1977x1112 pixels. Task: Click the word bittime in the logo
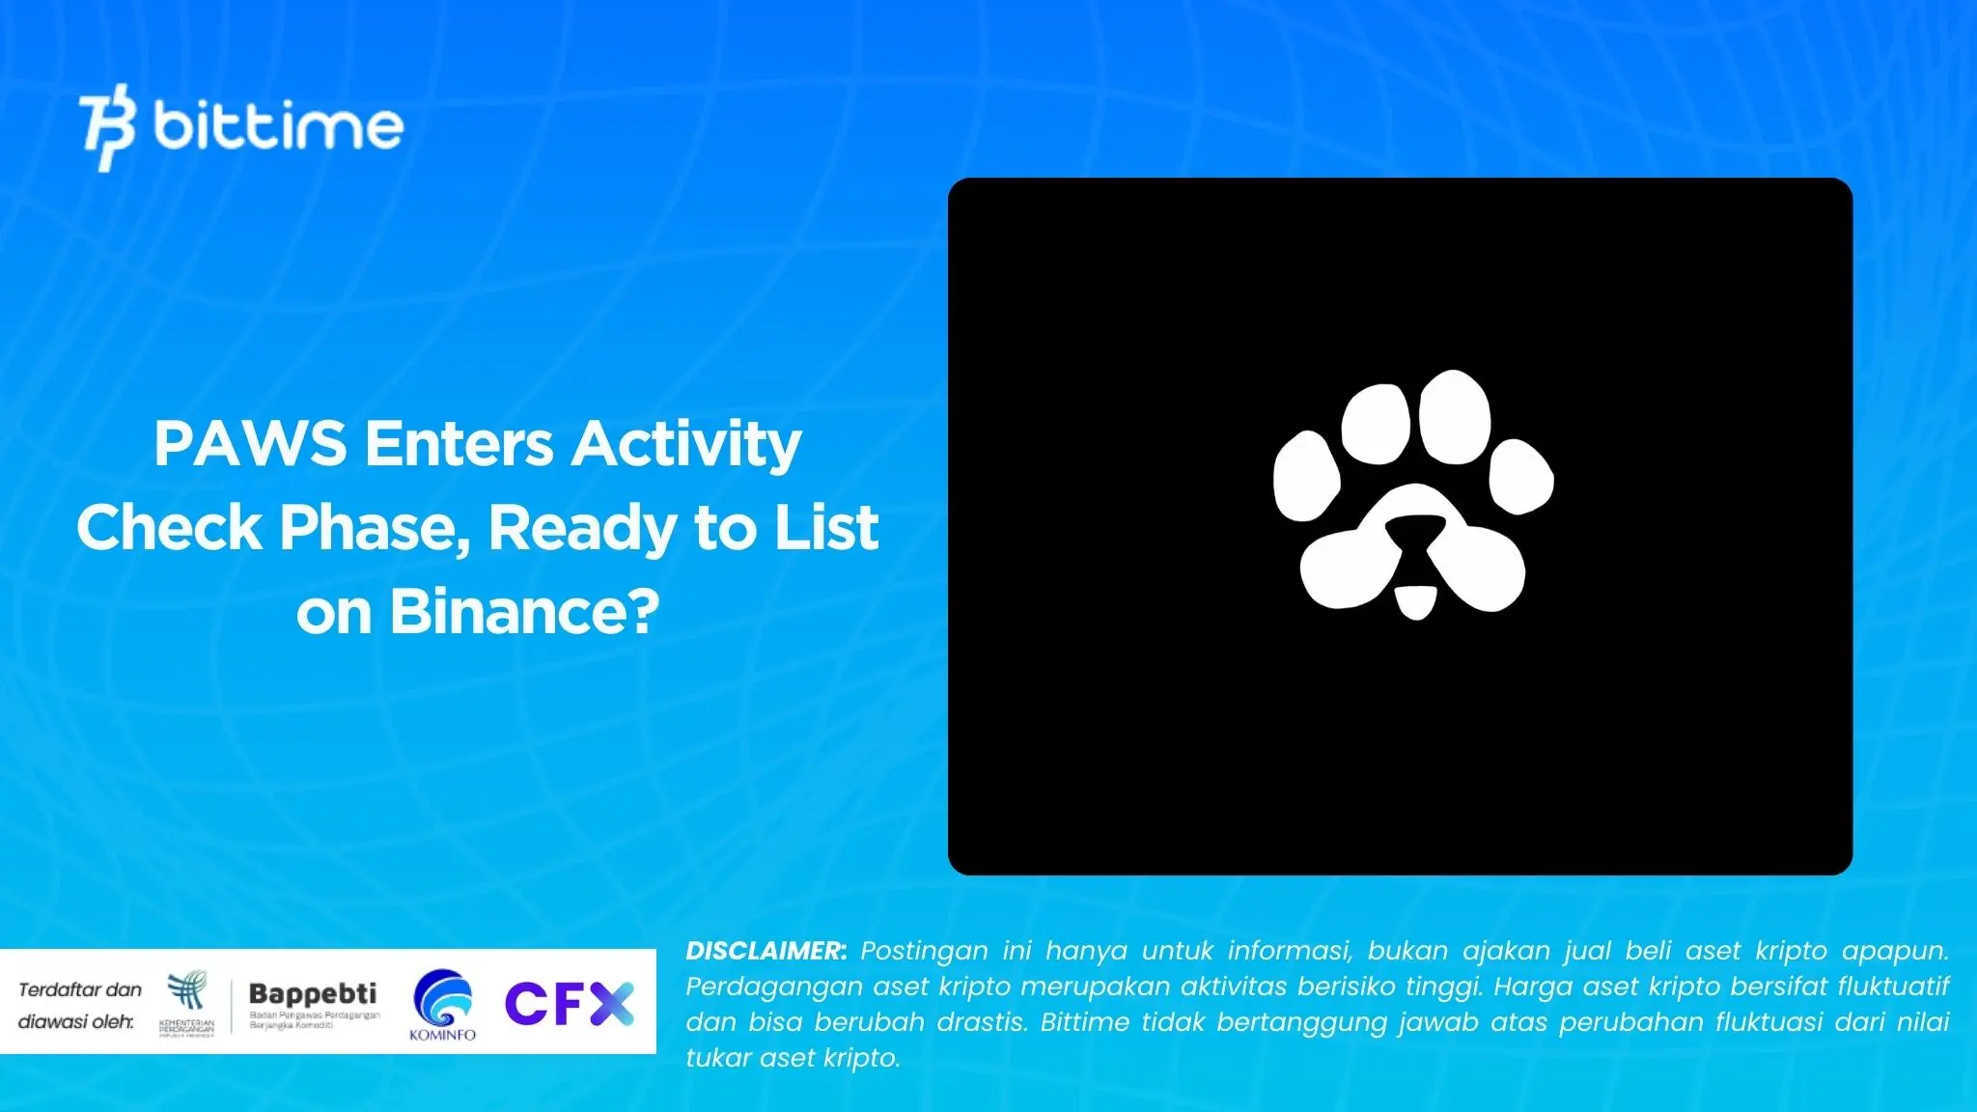(278, 125)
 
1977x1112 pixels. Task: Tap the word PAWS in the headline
(250, 444)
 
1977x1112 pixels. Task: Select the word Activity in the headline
(685, 446)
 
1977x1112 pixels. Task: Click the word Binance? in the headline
(524, 612)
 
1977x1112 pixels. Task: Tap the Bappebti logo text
(313, 994)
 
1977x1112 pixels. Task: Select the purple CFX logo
(569, 1004)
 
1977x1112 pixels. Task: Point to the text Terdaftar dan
(80, 989)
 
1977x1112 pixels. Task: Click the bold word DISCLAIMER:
(766, 951)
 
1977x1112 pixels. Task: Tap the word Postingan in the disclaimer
(924, 951)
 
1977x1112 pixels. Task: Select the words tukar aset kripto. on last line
(793, 1058)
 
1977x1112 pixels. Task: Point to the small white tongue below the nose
(1416, 600)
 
